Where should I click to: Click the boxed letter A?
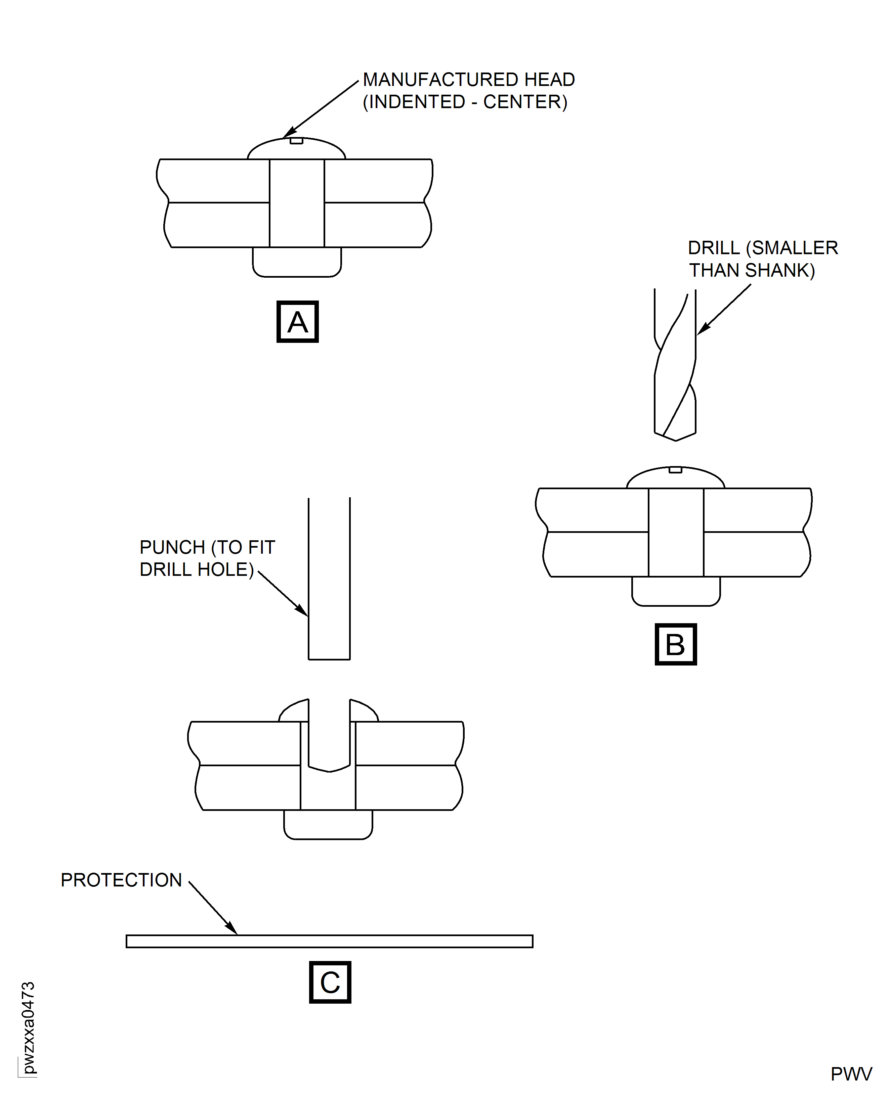(297, 322)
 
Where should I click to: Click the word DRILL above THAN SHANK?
(714, 248)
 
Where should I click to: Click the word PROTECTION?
(121, 880)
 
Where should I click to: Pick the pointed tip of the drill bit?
(676, 439)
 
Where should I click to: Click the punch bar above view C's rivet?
(329, 578)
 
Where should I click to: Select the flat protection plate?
(329, 941)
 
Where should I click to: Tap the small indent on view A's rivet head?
(297, 141)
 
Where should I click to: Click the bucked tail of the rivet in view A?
(297, 262)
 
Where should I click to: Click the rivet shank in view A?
(297, 203)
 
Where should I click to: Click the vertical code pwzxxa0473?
(28, 1027)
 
